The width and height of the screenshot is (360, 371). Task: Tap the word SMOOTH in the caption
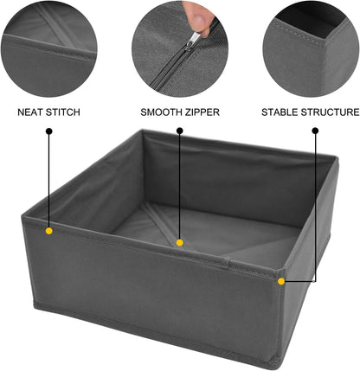[162, 112]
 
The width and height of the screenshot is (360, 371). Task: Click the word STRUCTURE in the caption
[333, 112]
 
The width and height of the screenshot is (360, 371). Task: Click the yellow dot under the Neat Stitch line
[49, 231]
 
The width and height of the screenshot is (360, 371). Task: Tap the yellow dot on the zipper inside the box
[179, 242]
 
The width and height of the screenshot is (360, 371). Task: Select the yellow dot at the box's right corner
[281, 280]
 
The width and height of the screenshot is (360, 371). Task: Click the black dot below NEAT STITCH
[49, 131]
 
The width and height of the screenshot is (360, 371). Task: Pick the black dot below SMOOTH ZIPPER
[179, 131]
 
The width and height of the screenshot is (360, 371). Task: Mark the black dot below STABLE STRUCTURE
[314, 131]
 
